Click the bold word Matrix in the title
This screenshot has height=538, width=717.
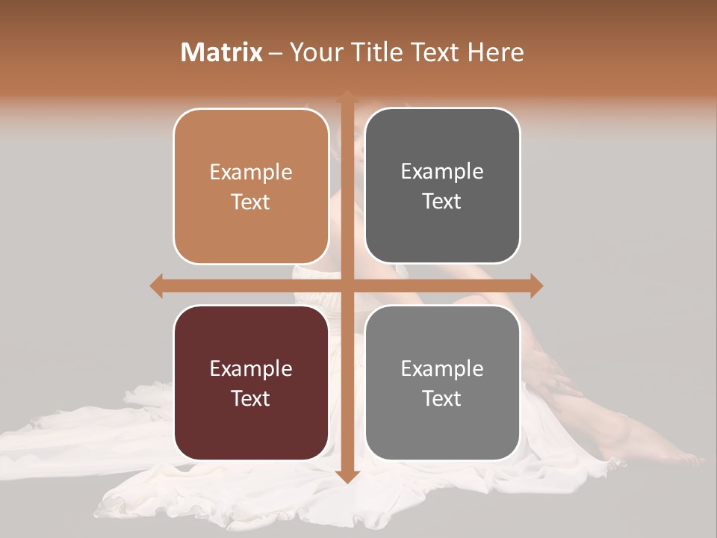(222, 52)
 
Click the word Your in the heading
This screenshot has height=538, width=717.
(314, 52)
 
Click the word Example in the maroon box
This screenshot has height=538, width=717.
(251, 368)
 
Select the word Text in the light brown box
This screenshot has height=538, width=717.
(251, 202)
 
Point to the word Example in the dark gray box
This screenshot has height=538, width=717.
(442, 172)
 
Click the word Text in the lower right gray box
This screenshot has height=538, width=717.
(442, 398)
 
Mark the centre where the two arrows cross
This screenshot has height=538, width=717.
(347, 285)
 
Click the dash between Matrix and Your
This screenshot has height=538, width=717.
(276, 53)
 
